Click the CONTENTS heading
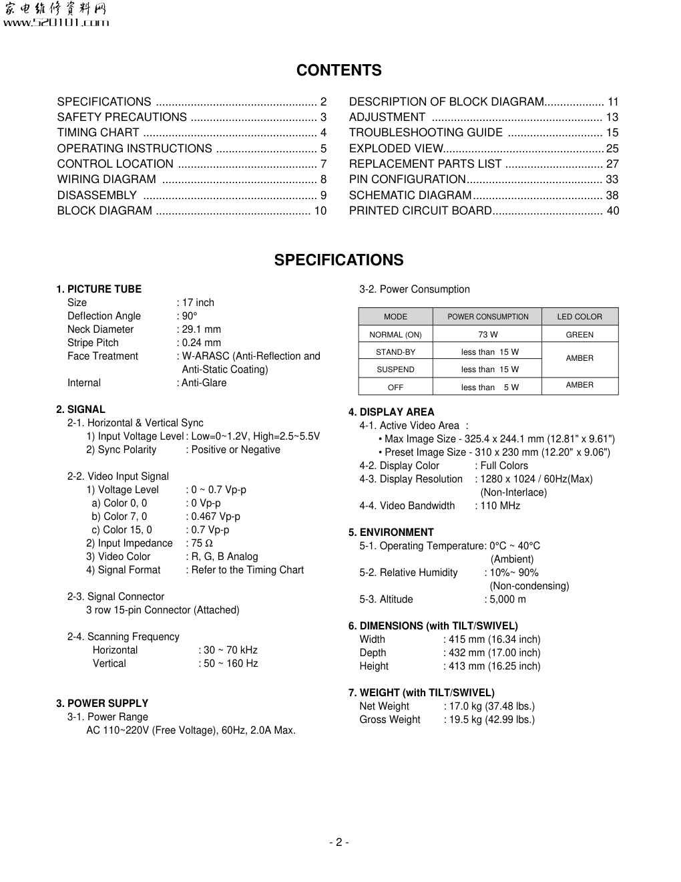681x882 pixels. pos(339,70)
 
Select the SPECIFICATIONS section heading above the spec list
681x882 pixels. pos(339,260)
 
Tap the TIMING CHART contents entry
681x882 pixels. pos(98,133)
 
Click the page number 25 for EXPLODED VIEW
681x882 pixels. pos(612,148)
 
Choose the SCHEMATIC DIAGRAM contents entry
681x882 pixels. pos(411,195)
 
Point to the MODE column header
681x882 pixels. pos(395,317)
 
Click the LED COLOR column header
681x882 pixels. pos(580,317)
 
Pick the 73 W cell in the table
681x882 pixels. pos(487,335)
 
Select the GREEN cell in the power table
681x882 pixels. pos(580,335)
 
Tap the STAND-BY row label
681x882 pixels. pos(395,352)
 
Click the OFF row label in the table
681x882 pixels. pos(395,388)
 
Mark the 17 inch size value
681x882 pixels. pos(198,303)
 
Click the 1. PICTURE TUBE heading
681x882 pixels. pos(99,289)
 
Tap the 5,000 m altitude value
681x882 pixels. pos(507,599)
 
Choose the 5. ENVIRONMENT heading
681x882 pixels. pos(391,533)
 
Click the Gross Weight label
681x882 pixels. pos(390,720)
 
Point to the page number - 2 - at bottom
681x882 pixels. pos(339,842)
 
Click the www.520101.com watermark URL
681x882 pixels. pos(57,23)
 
